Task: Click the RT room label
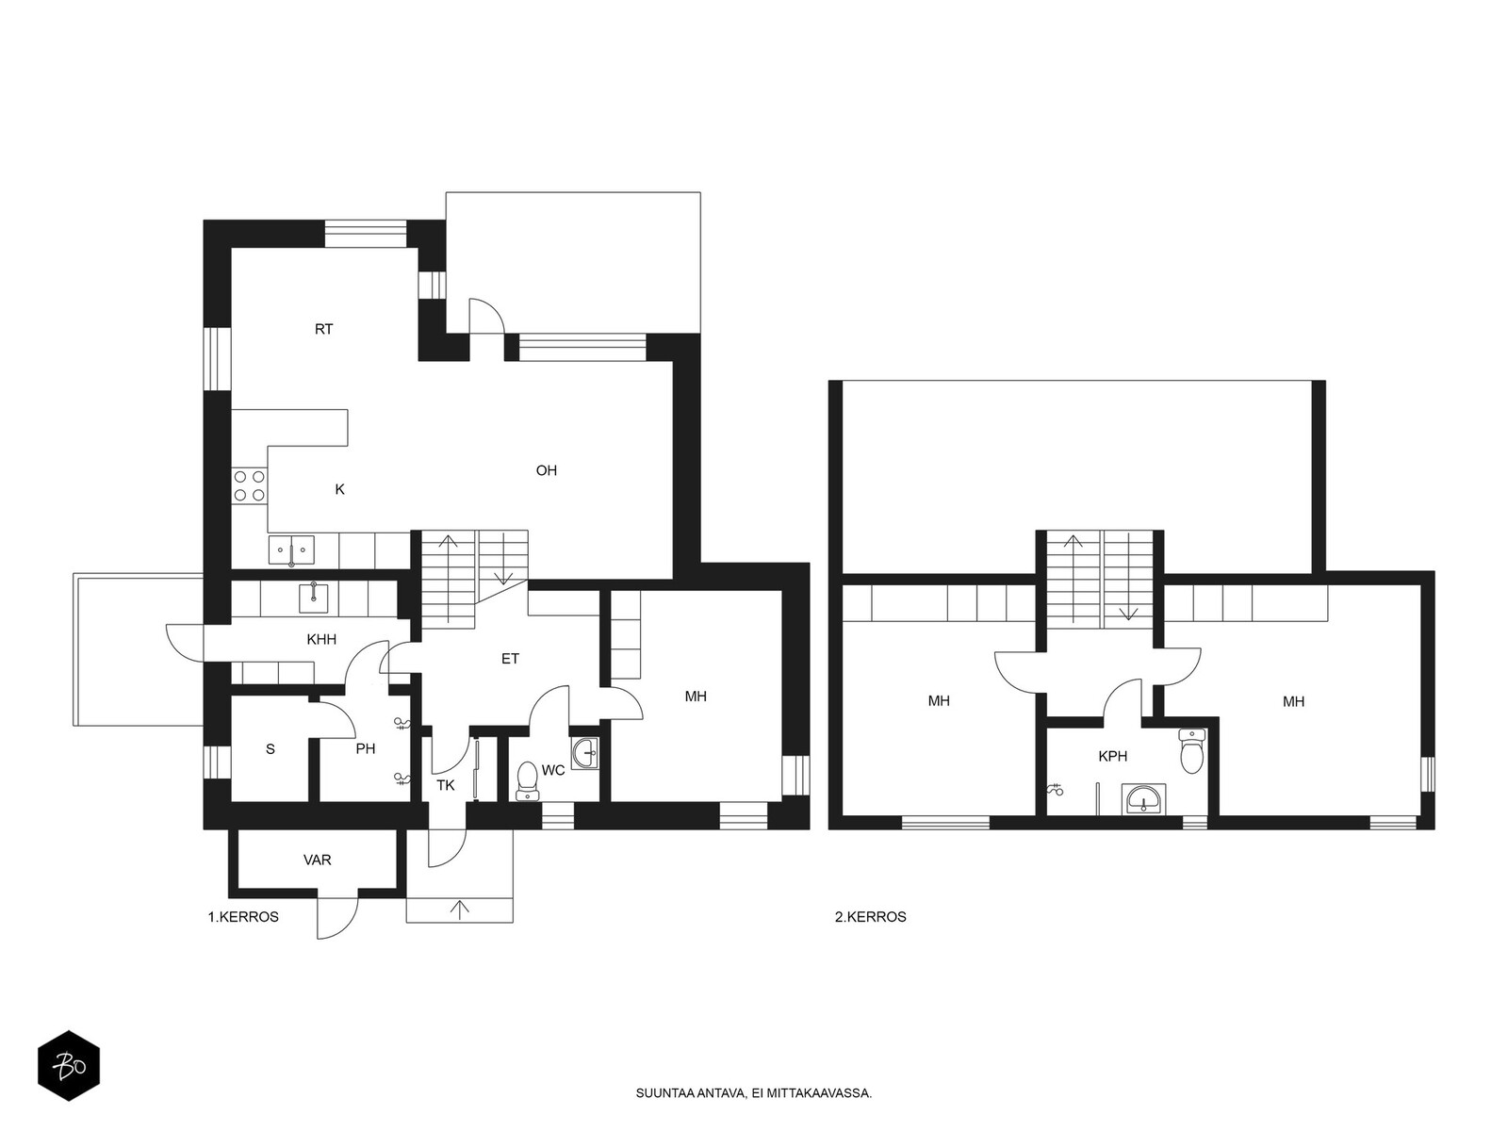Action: [x=323, y=329]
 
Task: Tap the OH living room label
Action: [x=546, y=470]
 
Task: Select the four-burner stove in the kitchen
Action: [x=250, y=484]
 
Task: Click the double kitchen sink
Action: [x=291, y=550]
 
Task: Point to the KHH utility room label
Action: [x=321, y=639]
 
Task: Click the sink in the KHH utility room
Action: [x=313, y=598]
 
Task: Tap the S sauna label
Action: [x=270, y=749]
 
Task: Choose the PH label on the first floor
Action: [x=366, y=748]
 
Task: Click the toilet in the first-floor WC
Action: [x=528, y=780]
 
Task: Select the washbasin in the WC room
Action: [x=584, y=753]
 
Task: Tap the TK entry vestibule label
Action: [x=445, y=785]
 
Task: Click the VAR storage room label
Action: [x=318, y=860]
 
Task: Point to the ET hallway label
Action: [x=510, y=659]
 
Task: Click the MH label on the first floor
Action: [x=696, y=697]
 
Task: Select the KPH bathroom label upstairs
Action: [x=1112, y=756]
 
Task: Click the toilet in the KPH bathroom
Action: [x=1191, y=750]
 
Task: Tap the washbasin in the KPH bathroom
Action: [x=1143, y=799]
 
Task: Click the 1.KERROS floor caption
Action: [x=243, y=917]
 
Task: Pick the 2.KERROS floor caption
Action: [x=871, y=917]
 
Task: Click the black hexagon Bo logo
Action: [x=69, y=1066]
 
